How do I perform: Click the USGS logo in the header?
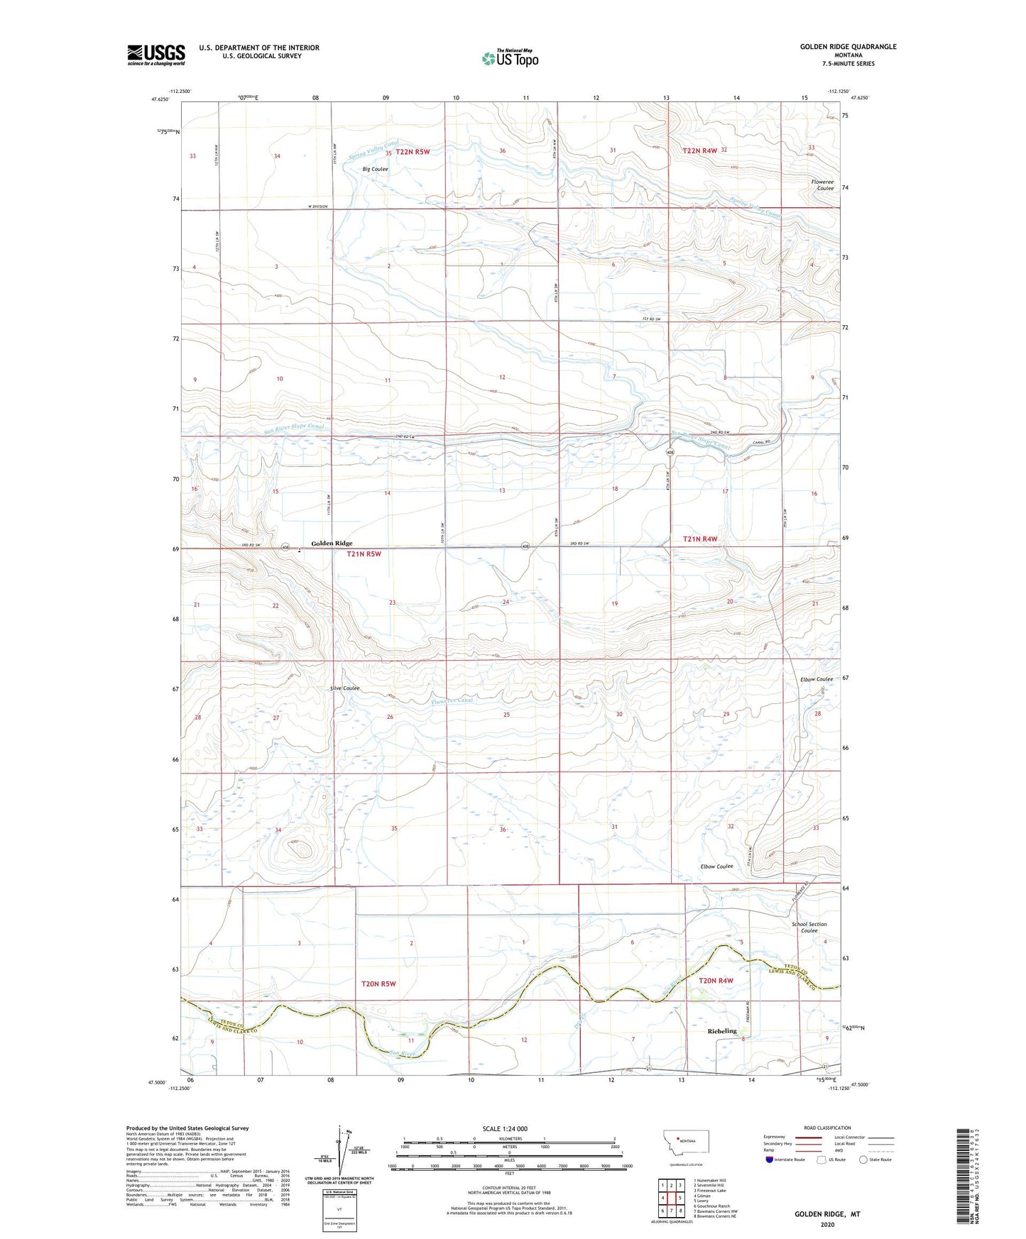(x=155, y=55)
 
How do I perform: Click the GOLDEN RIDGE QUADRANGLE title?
(x=848, y=47)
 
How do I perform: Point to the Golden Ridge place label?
(x=332, y=544)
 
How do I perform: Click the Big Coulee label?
(x=375, y=170)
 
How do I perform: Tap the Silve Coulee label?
(x=344, y=688)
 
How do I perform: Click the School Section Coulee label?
(x=809, y=927)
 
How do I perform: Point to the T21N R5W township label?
(x=364, y=554)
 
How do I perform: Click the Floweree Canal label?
(x=452, y=701)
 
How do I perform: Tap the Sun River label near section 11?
(x=403, y=1054)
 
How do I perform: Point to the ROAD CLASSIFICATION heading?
(x=827, y=1128)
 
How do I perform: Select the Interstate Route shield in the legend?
(x=770, y=1160)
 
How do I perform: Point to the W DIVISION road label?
(x=318, y=206)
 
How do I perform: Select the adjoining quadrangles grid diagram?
(x=671, y=1198)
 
